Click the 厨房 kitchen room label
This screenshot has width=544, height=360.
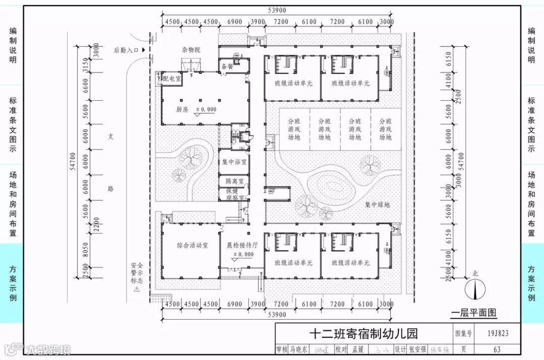182,109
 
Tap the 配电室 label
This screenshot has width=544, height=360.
172,79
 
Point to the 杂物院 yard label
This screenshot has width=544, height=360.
191,50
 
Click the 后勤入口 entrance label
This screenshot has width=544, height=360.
126,50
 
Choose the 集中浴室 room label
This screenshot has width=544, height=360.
234,162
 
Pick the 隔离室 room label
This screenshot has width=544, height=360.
234,181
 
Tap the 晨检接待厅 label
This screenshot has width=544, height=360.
242,246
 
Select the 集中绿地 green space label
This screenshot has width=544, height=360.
378,205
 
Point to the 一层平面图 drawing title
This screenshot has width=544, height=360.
473,313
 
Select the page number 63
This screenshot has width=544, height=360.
497,349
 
